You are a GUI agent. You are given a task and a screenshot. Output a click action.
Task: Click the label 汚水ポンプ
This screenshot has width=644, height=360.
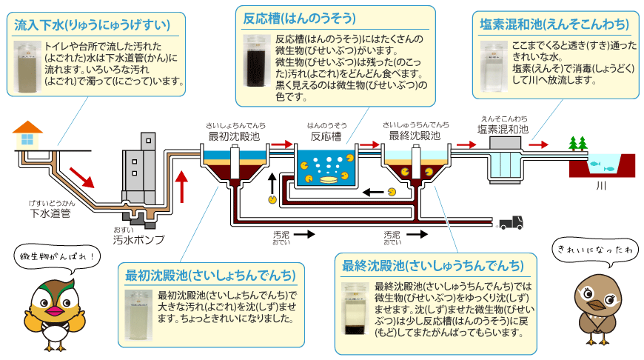tap(138, 240)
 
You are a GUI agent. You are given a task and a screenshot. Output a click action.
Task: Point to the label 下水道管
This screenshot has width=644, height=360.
tap(51, 213)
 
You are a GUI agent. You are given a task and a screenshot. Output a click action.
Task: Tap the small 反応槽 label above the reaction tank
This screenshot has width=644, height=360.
tap(325, 136)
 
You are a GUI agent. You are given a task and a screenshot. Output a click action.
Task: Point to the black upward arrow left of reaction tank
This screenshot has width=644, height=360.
tap(272, 181)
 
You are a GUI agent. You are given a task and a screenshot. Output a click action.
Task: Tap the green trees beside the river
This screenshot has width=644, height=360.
tap(577, 143)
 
